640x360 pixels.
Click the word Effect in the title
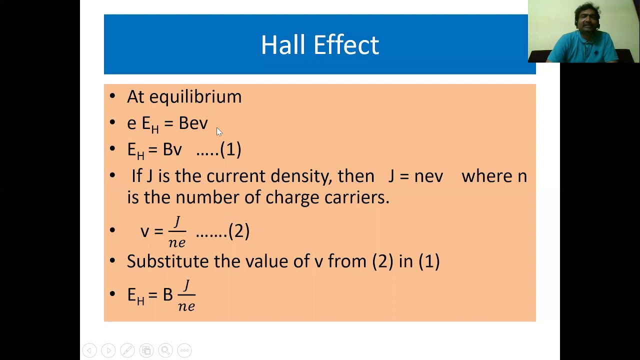coord(346,45)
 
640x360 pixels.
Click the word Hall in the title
coord(282,45)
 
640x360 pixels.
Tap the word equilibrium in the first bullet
coord(195,96)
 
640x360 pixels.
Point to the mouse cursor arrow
coord(218,131)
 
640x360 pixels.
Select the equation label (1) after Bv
coord(230,149)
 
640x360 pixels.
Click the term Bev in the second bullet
coord(193,123)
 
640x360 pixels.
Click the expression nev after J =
coord(428,176)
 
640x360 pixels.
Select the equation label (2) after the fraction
coord(238,231)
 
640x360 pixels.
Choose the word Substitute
coord(167,261)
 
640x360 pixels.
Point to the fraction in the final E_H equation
coord(186,295)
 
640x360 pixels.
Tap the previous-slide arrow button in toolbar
coord(89,350)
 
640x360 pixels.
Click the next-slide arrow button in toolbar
coord(108,350)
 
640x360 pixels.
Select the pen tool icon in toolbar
coord(127,350)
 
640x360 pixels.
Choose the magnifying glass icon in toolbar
coord(165,350)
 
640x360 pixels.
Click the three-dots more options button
coord(184,350)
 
